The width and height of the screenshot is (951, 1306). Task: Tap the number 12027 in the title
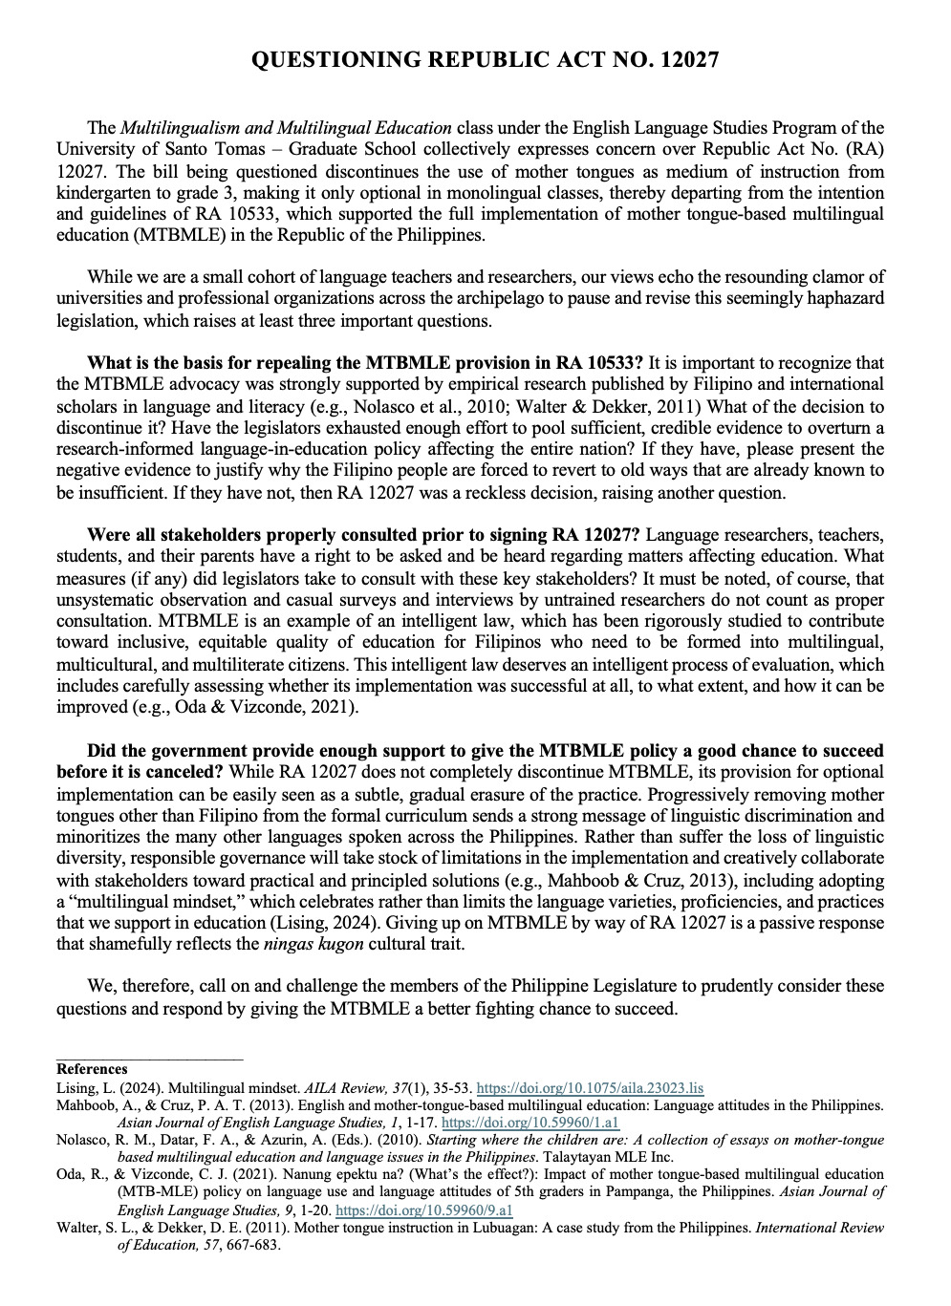click(680, 60)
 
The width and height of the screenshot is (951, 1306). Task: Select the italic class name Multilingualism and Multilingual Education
click(286, 128)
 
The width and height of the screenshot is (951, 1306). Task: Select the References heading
click(92, 1069)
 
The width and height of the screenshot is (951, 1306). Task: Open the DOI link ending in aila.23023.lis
click(589, 1087)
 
